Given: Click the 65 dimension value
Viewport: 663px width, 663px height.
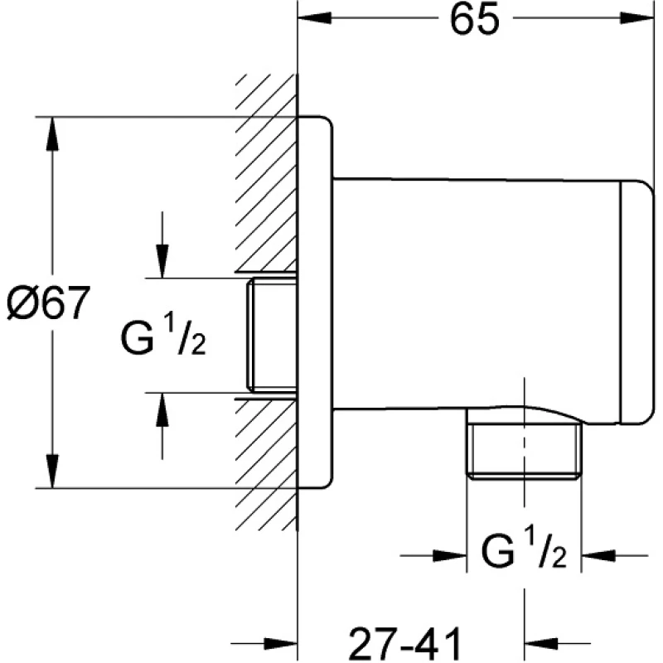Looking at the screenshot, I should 476,20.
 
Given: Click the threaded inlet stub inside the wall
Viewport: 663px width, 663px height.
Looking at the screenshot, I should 273,335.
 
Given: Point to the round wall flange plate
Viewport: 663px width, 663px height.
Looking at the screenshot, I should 316,307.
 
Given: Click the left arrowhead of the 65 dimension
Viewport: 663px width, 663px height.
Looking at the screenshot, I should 315,20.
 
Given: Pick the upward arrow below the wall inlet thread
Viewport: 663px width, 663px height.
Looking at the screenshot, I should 162,410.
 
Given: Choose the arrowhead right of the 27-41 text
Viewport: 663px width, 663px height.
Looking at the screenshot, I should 542,643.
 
